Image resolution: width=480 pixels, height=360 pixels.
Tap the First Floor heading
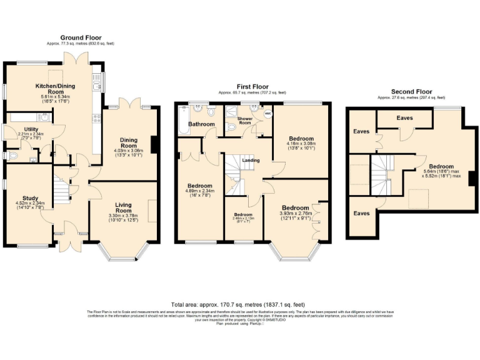coord(252,86)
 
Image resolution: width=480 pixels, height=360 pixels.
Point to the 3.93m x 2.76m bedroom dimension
coord(295,213)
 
